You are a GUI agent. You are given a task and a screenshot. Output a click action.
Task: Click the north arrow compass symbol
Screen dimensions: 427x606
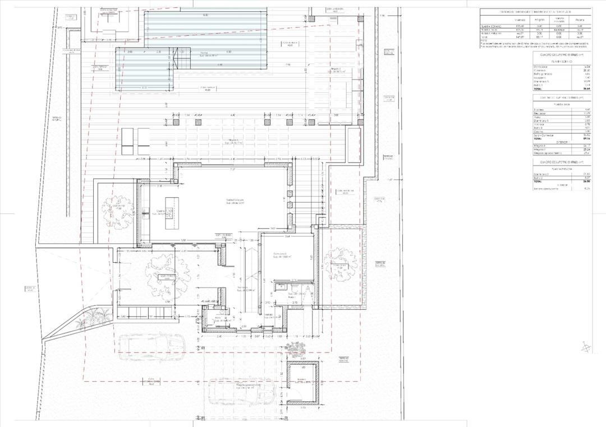[586, 347]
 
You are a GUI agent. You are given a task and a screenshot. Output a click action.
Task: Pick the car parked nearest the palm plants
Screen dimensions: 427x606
[151, 347]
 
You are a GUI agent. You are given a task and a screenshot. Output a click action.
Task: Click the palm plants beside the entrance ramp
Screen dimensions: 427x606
[93, 321]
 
